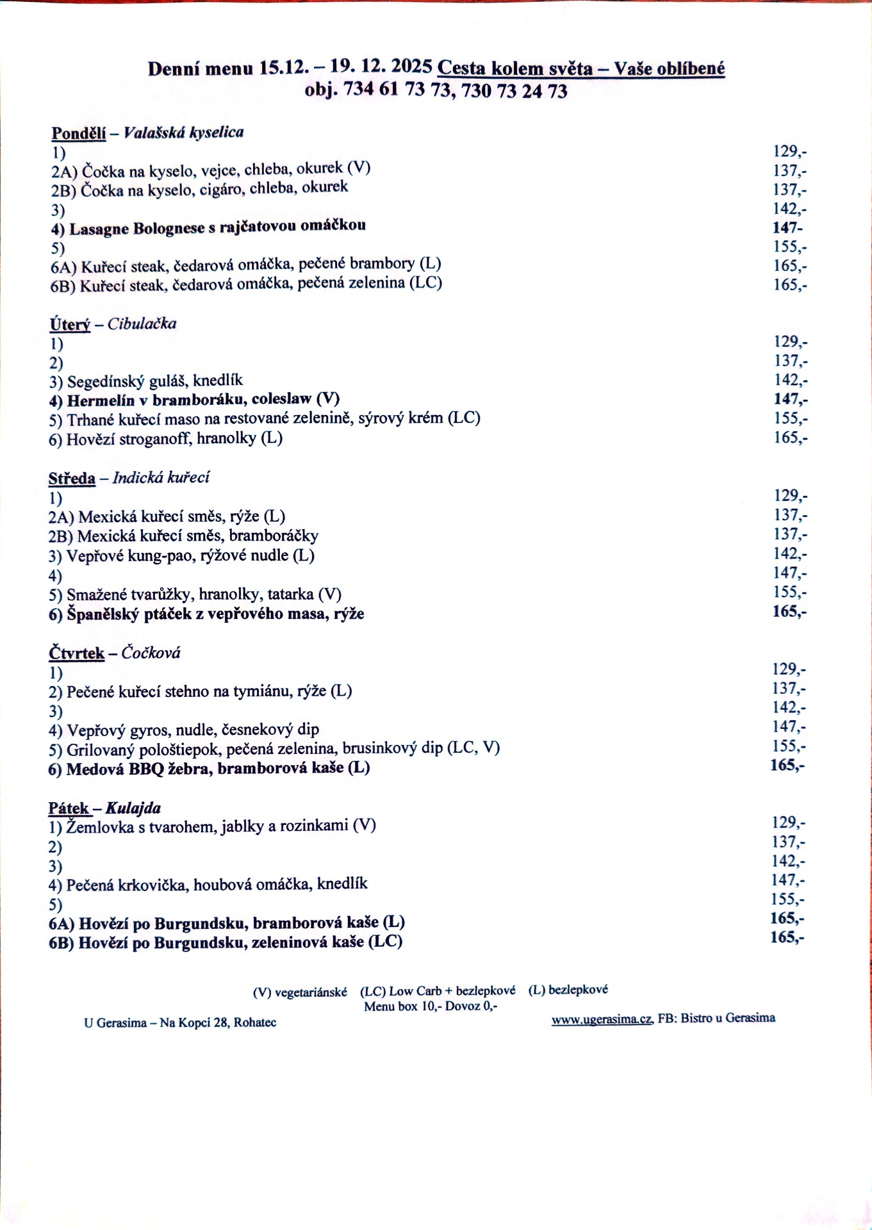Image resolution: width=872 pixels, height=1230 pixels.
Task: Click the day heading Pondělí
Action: point(78,133)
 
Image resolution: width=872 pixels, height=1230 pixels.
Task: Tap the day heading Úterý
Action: point(70,324)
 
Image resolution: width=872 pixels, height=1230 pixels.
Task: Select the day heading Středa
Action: point(72,478)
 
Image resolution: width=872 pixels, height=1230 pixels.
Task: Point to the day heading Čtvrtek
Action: point(76,653)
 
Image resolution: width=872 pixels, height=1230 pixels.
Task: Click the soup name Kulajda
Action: point(133,808)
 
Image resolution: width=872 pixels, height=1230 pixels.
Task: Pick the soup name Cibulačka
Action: point(142,324)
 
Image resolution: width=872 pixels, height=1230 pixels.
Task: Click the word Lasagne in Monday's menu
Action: point(99,229)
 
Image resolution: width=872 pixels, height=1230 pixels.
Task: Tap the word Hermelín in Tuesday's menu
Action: point(100,400)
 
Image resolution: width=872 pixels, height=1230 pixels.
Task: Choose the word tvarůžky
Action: point(161,594)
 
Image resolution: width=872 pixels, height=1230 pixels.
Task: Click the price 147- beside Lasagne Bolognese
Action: point(787,227)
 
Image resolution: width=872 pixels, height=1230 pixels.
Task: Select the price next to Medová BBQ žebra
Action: point(787,765)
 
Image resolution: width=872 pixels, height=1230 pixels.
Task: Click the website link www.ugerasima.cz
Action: point(602,1019)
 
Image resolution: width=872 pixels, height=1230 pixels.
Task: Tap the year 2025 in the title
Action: point(411,67)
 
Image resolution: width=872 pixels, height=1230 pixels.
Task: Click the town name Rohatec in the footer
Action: point(254,1022)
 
